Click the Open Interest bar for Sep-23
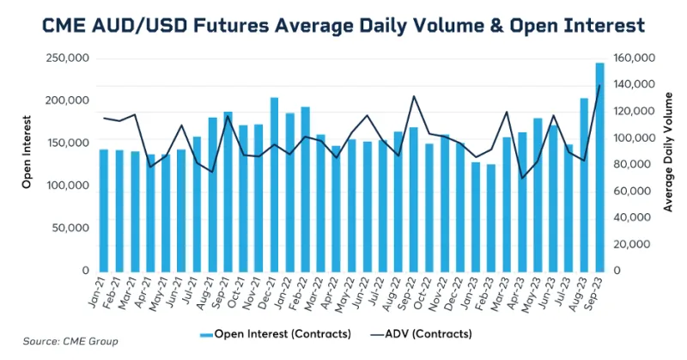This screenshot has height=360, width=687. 599,167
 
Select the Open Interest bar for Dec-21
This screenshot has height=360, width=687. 274,184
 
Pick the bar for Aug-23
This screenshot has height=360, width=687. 584,185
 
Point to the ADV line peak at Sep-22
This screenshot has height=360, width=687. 414,96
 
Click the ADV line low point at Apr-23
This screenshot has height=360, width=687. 522,178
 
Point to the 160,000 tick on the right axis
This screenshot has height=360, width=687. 636,58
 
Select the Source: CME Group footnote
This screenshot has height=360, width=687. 71,341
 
